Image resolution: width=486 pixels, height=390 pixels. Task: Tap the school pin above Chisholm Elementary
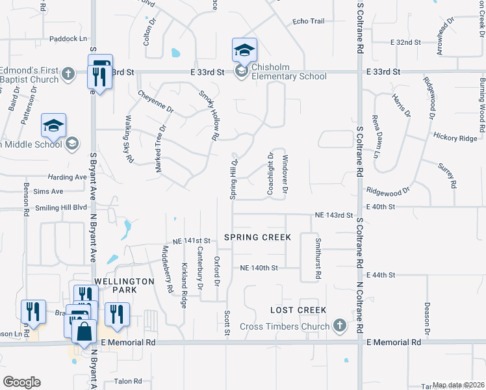tap(244, 50)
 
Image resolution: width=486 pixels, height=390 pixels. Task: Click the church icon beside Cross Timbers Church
tap(339, 326)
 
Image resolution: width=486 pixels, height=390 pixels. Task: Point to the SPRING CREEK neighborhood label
tap(257, 237)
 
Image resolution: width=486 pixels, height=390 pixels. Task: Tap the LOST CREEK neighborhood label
tap(299, 310)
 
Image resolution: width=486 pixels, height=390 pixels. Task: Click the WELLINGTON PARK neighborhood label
tap(124, 281)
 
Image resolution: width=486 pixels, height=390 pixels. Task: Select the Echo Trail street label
tap(308, 21)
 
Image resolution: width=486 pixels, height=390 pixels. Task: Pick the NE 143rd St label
tap(333, 214)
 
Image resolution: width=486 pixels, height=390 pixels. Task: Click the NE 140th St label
tap(259, 268)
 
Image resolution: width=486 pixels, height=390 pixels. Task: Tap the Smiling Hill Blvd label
tap(62, 207)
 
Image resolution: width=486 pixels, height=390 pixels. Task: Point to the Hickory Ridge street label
tap(455, 138)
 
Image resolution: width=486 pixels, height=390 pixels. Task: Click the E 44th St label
tap(381, 276)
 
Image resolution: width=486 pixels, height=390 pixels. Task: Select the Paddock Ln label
tap(68, 39)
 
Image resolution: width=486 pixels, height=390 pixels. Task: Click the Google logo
tap(21, 382)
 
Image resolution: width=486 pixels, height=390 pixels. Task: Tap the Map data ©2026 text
tap(459, 385)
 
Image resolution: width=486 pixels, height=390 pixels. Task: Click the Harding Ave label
tap(67, 177)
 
